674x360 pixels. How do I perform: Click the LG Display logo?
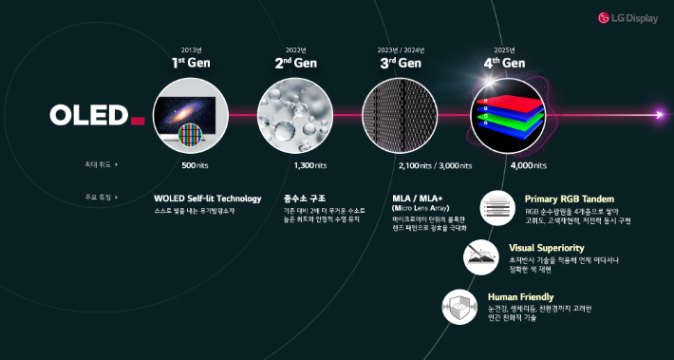click(x=628, y=17)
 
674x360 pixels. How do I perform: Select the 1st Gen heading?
click(x=190, y=64)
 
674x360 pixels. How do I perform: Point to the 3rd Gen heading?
click(x=399, y=64)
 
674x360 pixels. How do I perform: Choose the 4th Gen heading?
click(x=503, y=64)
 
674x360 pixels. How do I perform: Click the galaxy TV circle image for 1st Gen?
click(x=190, y=116)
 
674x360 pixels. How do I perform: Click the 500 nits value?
click(x=195, y=165)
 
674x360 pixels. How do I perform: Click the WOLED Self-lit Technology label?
click(x=207, y=199)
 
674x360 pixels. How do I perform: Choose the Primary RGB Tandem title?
click(x=570, y=199)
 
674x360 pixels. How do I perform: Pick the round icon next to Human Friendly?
click(x=459, y=307)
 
